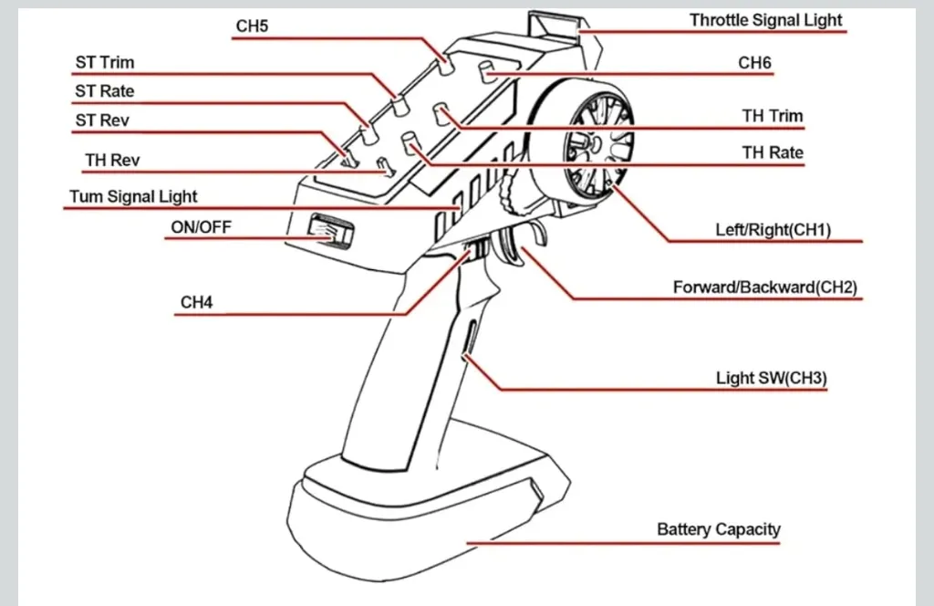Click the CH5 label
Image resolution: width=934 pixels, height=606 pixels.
point(252,26)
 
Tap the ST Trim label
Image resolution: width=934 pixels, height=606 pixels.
point(104,63)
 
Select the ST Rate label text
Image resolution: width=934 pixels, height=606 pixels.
point(104,91)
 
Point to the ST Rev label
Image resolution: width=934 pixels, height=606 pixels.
point(102,120)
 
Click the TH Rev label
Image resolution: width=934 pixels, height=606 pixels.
point(112,161)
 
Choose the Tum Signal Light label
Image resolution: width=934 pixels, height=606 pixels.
point(133,196)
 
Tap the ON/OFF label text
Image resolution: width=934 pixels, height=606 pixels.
point(201,227)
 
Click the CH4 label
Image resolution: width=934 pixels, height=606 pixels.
point(196,302)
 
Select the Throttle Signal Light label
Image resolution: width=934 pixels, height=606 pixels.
point(765,20)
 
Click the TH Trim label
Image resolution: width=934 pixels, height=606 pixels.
point(773,116)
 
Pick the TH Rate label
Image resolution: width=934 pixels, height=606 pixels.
point(773,152)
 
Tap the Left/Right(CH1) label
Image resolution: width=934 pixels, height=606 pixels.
point(773,230)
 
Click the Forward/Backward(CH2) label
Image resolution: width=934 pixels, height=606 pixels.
point(764,287)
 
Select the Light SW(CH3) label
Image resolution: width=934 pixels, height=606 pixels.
point(772,378)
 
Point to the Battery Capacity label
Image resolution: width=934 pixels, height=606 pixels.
point(719,529)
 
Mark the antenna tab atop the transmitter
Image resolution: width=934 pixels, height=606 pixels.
point(555,27)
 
